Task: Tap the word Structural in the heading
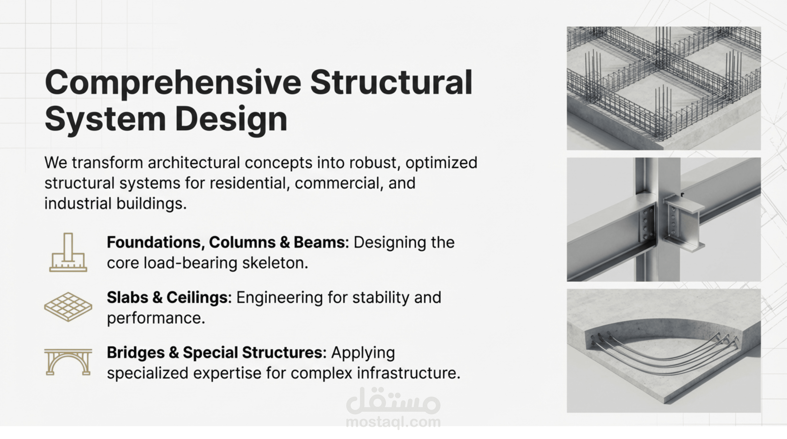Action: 391,82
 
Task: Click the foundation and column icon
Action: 68,252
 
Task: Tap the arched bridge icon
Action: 68,362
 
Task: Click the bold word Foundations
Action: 156,242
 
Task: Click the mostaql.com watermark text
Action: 393,422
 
